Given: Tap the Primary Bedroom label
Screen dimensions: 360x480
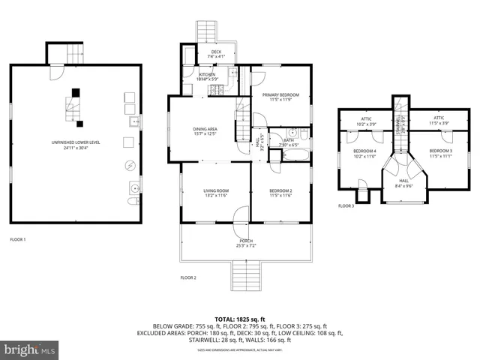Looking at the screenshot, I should click(280, 95).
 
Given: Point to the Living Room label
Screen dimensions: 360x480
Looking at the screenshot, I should click(215, 191).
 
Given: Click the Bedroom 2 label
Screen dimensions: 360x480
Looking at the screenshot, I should click(280, 191).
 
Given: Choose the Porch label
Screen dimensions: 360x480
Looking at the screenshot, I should click(246, 241).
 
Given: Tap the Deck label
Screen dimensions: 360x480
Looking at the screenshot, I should click(215, 52).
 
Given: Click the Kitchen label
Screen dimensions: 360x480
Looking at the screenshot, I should click(208, 74).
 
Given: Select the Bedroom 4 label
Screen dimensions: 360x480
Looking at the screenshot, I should click(365, 151).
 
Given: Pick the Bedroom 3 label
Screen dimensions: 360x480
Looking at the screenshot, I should click(440, 151).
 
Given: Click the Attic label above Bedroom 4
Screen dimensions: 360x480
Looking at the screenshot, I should click(366, 118).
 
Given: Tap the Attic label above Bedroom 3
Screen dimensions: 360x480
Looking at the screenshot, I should click(439, 118).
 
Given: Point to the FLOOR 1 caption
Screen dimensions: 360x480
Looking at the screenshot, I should click(18, 239).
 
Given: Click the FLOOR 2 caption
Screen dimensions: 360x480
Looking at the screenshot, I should click(188, 277).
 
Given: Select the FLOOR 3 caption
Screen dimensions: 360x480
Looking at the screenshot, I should click(346, 205).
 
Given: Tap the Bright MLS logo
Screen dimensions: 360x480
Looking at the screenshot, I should click(30, 349).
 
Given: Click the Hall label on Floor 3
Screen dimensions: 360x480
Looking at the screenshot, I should click(403, 181).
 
